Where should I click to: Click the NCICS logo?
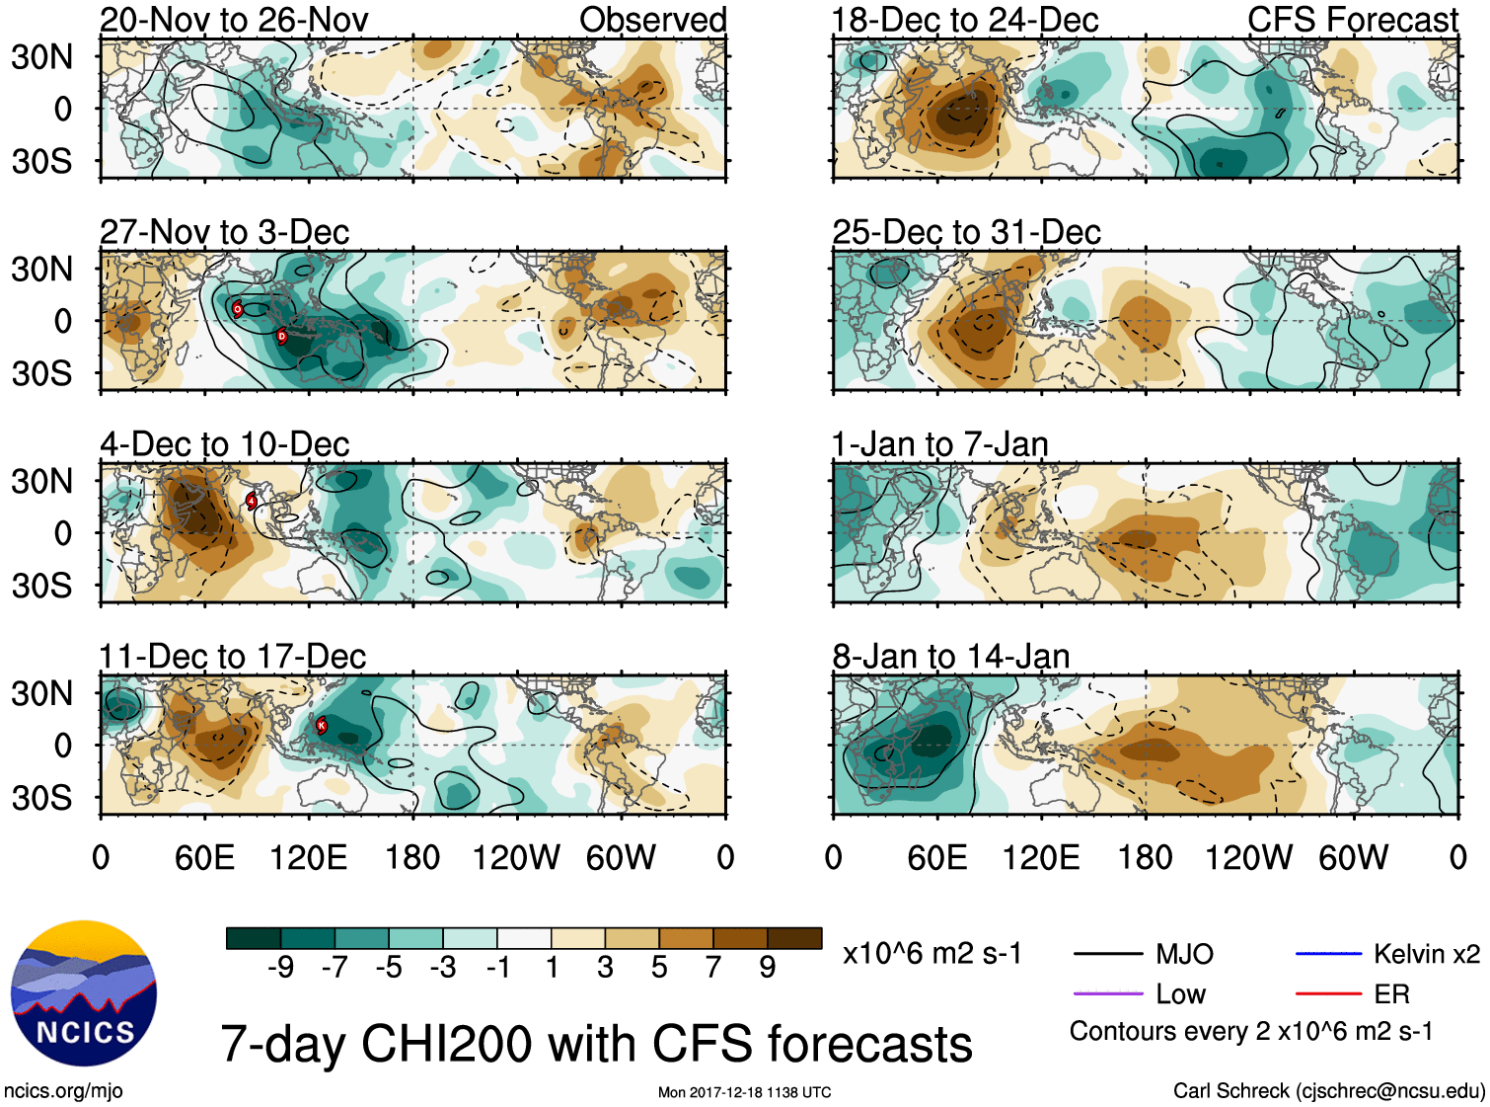[84, 993]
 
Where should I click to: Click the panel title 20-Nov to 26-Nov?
[234, 20]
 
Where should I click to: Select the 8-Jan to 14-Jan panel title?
[950, 657]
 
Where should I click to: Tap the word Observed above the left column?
[652, 20]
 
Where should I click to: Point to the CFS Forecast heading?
[1352, 20]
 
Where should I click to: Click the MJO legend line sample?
[1108, 954]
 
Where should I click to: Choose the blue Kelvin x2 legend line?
[1328, 954]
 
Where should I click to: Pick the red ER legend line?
[1328, 993]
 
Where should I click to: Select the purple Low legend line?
[1108, 993]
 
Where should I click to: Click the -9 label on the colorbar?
[280, 968]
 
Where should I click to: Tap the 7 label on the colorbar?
[713, 968]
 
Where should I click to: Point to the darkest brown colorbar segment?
[794, 938]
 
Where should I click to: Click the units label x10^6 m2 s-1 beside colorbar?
[931, 954]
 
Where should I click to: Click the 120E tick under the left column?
[309, 857]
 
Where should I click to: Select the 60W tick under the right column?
[1353, 857]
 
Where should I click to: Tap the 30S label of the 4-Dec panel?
[41, 586]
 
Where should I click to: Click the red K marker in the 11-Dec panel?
[321, 725]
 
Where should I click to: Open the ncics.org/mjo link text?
[63, 1090]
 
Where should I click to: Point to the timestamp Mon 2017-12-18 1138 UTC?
[744, 1092]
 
